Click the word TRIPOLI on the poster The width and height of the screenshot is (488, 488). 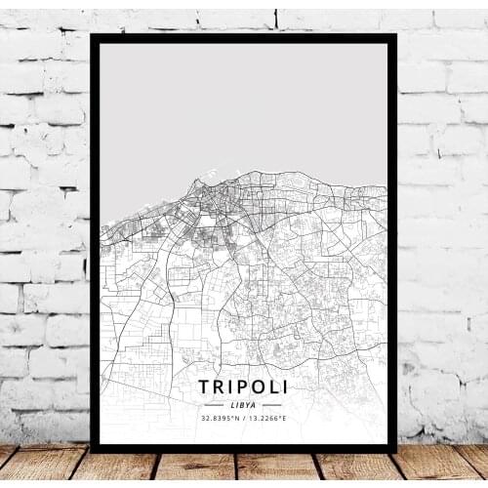[243, 386]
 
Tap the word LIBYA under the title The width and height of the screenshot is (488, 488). [243, 404]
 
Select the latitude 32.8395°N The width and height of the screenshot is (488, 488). [223, 419]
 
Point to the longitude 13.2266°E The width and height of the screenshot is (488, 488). [266, 419]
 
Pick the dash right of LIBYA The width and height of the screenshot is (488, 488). [270, 404]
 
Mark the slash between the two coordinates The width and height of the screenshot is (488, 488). [245, 419]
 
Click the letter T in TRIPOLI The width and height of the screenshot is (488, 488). [203, 386]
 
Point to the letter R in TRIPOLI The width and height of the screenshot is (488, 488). [219, 386]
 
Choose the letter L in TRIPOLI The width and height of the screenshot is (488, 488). [270, 386]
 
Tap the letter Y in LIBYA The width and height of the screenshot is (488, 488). [249, 404]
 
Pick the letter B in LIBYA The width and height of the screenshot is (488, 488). [242, 404]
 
